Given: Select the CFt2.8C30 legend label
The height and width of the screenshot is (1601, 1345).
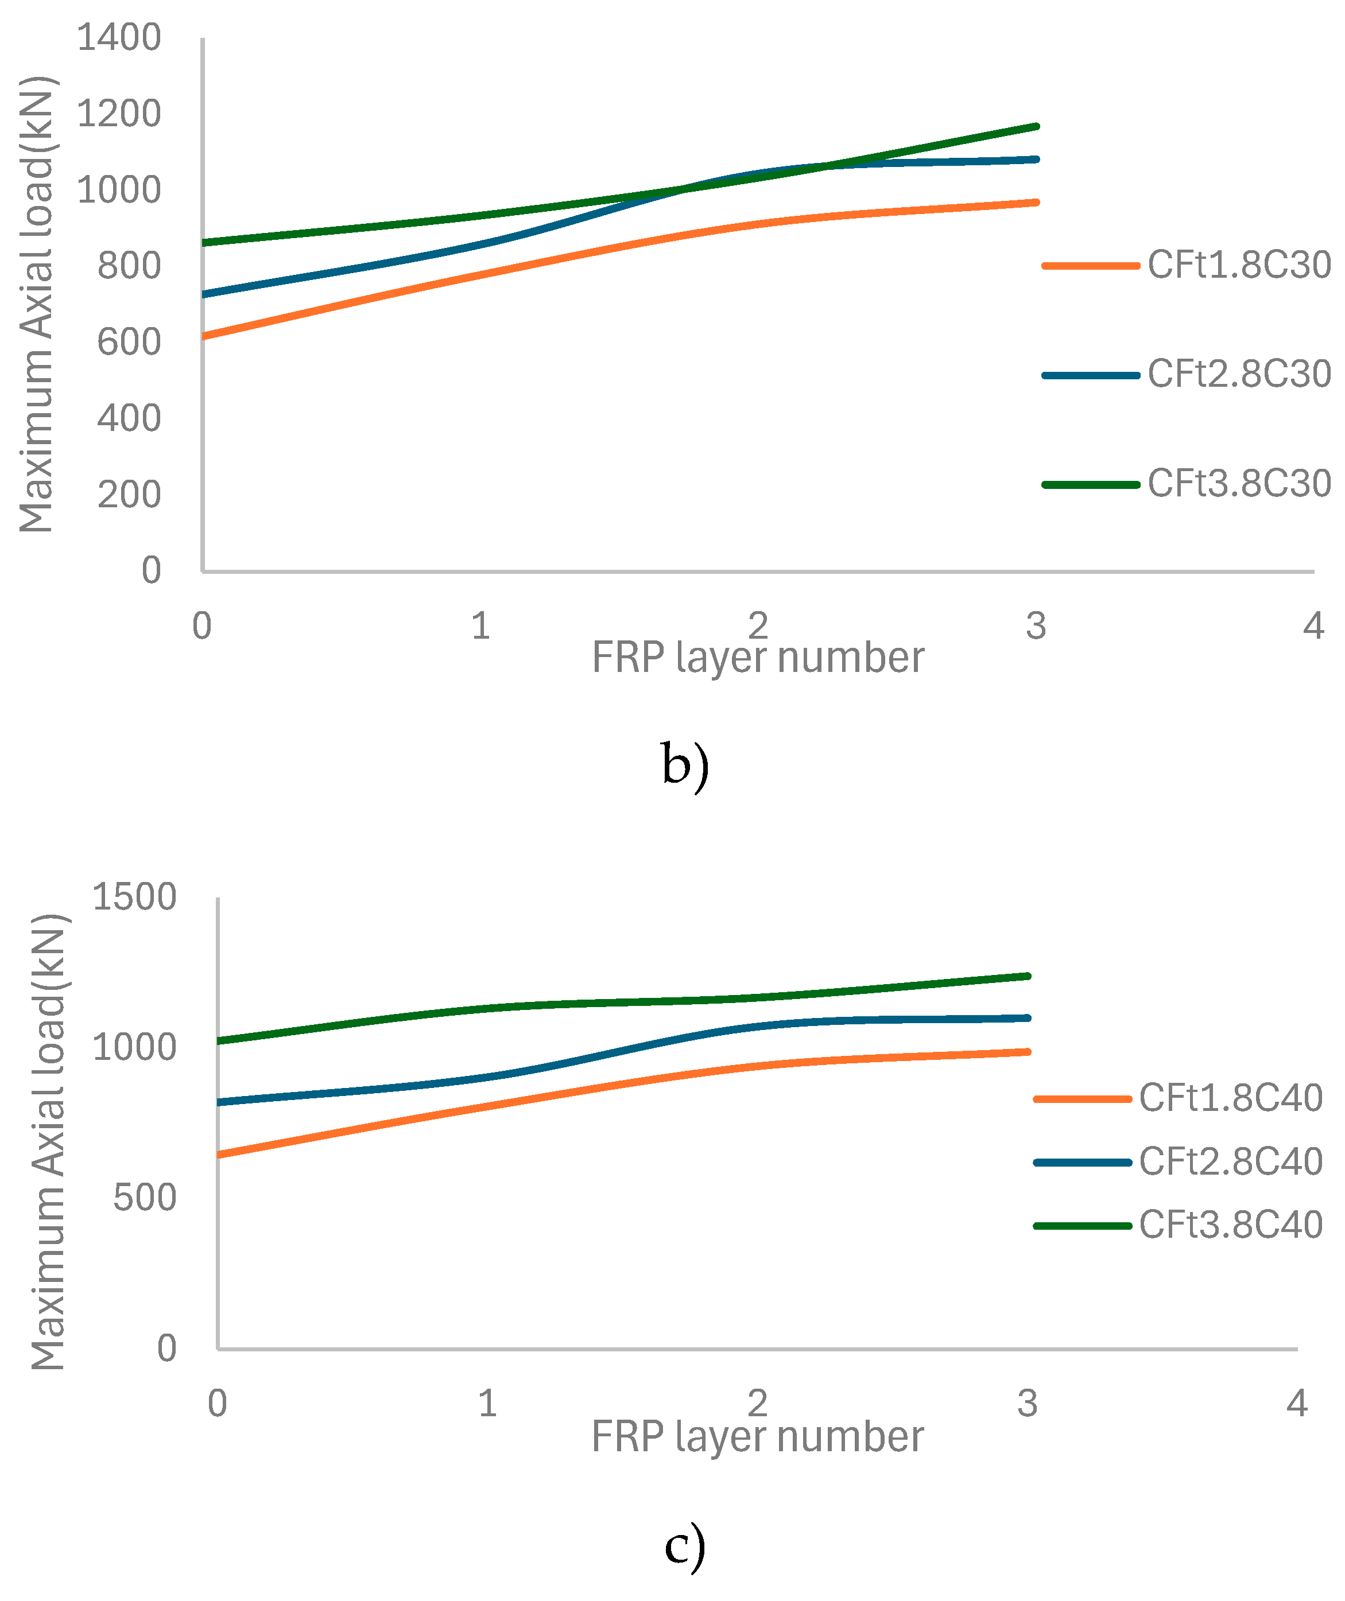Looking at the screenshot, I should click(1239, 374).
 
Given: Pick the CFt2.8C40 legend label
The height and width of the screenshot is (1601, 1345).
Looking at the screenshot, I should click(1231, 1162).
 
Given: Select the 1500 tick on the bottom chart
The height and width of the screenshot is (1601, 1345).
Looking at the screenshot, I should click(134, 897).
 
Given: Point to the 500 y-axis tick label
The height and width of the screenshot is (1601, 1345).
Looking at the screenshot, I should click(145, 1199).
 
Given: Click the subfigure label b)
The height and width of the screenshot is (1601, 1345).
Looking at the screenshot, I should click(685, 765).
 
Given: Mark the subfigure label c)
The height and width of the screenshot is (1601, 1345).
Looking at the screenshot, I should click(685, 1545).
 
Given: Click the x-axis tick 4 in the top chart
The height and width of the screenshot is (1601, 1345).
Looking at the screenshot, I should click(1313, 627).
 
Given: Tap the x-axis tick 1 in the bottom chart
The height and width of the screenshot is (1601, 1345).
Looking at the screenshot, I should click(488, 1404).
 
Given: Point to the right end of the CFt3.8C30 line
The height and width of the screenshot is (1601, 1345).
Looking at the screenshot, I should click(1037, 127).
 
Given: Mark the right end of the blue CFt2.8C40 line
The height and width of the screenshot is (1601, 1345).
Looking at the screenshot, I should click(1028, 1018).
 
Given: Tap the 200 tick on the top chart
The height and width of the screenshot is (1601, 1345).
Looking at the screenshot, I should click(129, 495).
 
